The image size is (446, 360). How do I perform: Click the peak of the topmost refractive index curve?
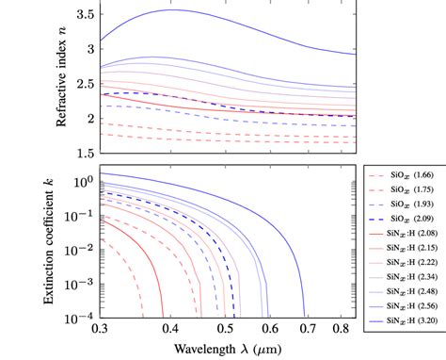(172, 9)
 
